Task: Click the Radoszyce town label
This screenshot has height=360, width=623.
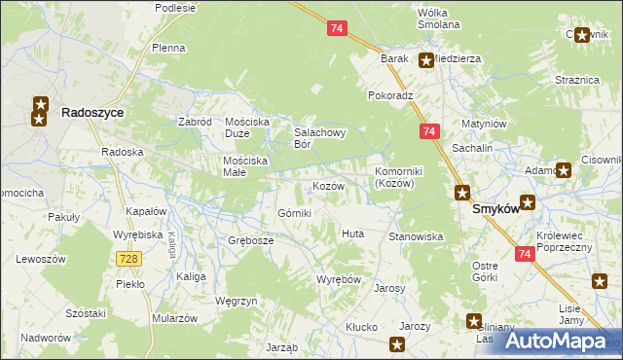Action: click(92, 113)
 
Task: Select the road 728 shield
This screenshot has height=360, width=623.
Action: click(127, 258)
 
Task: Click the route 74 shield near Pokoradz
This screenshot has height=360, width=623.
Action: click(428, 130)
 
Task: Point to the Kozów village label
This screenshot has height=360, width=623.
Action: click(328, 186)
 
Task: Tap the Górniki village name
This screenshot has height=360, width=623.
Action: click(295, 213)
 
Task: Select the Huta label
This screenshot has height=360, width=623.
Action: click(352, 234)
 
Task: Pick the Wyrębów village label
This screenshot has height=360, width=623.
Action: click(339, 279)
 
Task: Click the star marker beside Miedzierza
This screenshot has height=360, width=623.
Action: click(426, 60)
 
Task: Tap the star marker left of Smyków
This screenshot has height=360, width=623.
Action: click(462, 193)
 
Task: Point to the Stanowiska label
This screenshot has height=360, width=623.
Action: click(417, 236)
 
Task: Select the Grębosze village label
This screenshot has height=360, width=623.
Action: click(250, 240)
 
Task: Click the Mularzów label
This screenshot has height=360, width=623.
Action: click(175, 318)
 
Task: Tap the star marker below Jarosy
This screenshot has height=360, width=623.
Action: click(397, 343)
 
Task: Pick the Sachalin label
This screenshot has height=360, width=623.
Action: click(472, 147)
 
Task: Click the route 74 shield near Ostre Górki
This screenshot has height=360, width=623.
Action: click(524, 254)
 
